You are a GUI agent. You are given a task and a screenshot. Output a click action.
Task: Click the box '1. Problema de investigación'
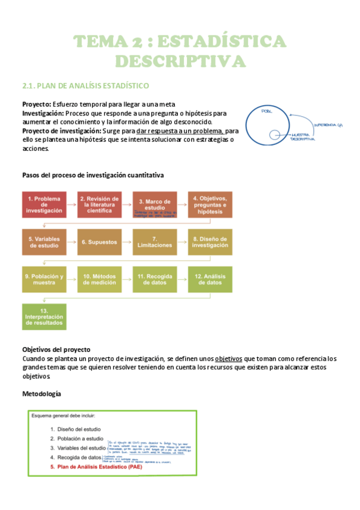click(44, 204)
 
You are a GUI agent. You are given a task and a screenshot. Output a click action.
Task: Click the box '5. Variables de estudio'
click(44, 242)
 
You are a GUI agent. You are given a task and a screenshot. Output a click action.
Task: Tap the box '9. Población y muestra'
click(44, 279)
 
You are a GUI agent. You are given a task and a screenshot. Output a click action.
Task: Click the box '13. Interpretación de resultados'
click(44, 316)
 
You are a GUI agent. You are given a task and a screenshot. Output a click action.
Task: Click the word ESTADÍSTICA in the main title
click(225, 42)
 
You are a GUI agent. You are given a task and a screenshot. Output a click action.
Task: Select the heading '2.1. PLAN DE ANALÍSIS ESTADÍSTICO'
click(85, 86)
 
